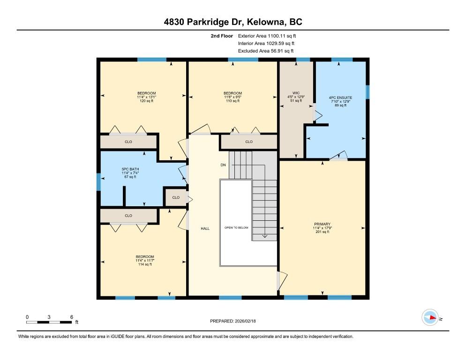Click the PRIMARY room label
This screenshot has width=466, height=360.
(x=322, y=224)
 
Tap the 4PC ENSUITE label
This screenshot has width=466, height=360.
(x=340, y=97)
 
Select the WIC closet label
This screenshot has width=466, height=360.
(x=296, y=93)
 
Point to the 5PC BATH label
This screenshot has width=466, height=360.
(x=130, y=169)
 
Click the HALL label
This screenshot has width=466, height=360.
(x=205, y=229)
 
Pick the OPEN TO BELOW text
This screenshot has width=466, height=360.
(x=236, y=228)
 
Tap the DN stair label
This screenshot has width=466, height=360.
(x=223, y=165)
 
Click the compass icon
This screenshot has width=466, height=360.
(x=430, y=317)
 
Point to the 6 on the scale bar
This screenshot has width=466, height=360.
(x=72, y=317)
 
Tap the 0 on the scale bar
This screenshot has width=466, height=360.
(x=27, y=317)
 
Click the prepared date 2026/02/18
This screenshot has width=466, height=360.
(x=245, y=321)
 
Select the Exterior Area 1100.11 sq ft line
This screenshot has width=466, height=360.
(x=267, y=36)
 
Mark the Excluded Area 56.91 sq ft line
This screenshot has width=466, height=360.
(x=266, y=51)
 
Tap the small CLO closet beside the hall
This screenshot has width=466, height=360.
(x=176, y=197)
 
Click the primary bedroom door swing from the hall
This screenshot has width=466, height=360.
(x=282, y=281)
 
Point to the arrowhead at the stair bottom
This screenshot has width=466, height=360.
(x=264, y=237)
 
